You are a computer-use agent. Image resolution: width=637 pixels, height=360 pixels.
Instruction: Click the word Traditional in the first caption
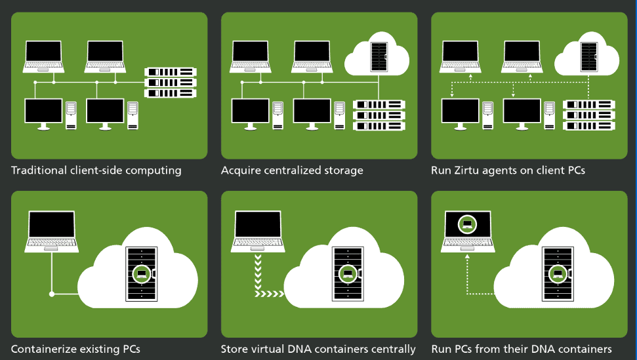[38, 170]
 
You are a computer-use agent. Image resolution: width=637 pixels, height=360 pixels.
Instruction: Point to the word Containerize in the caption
[41, 349]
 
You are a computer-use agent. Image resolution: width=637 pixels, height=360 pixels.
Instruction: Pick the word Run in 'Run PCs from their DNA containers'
[441, 349]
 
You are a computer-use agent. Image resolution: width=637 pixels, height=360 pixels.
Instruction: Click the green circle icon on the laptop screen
[467, 224]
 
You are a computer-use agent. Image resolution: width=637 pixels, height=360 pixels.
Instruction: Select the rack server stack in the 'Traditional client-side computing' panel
[170, 82]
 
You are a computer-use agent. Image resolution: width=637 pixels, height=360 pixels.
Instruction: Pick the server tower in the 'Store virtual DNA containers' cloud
[348, 274]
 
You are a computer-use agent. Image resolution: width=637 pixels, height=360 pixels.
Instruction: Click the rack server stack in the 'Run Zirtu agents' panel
[589, 115]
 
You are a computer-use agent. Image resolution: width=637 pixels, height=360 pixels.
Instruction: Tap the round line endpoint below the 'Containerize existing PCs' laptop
[52, 294]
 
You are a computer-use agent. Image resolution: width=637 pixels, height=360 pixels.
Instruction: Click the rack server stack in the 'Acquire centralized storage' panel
[379, 115]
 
